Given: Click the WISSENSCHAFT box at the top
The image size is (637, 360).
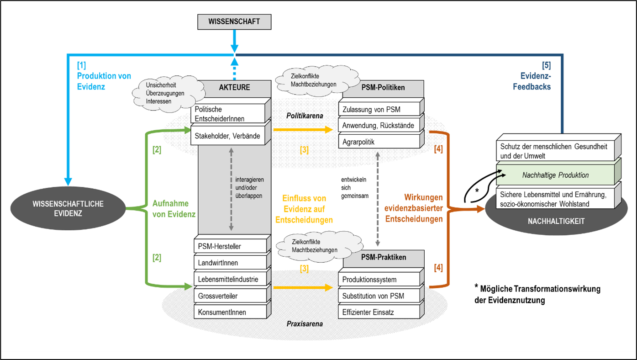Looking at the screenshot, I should [234, 21].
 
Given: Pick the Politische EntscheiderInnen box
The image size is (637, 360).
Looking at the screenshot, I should [228, 114].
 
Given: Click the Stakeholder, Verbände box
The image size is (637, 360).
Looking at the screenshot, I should [228, 136].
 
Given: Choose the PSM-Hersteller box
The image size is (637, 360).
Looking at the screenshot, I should [228, 247].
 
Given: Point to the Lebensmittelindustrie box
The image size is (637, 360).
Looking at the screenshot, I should [228, 279].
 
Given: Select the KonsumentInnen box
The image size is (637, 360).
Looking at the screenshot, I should [228, 312].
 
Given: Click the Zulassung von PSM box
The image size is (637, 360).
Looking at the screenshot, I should [379, 110].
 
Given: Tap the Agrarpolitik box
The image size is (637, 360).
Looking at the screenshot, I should [379, 142].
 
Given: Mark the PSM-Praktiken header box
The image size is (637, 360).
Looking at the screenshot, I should [383, 257].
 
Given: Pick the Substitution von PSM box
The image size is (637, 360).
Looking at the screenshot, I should [379, 296].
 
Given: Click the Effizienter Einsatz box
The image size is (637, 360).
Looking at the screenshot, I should [379, 312].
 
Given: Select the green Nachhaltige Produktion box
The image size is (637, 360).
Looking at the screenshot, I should [555, 175].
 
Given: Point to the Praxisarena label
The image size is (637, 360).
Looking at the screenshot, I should [305, 324].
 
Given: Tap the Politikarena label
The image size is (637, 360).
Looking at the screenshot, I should [305, 116].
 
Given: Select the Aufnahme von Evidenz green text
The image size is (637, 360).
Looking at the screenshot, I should [174, 209].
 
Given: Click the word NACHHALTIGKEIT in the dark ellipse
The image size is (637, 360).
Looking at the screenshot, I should [556, 222].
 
